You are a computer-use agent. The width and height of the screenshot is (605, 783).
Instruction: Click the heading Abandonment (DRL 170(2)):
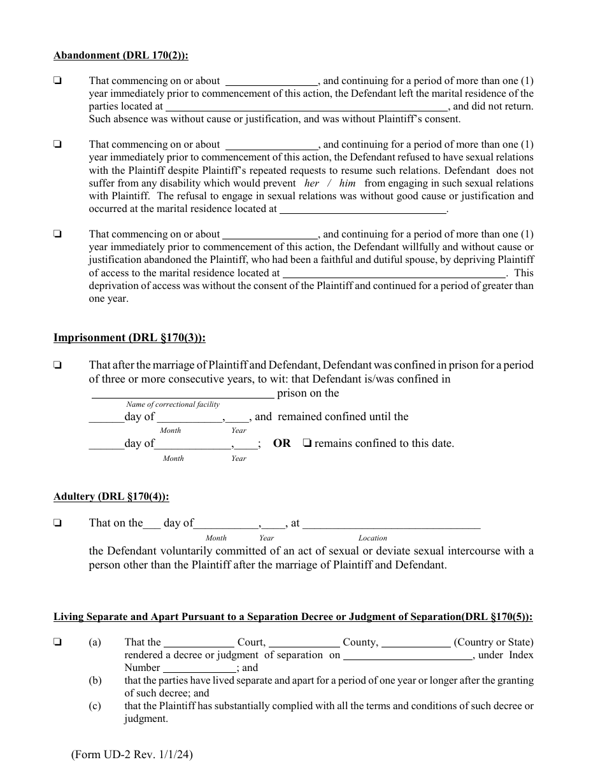tap(120, 55)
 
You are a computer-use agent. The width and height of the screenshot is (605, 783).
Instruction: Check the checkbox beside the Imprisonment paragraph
tap(57, 365)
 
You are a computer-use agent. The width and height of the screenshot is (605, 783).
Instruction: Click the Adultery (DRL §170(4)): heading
tap(111, 497)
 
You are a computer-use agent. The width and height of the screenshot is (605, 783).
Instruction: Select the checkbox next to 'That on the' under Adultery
tap(57, 523)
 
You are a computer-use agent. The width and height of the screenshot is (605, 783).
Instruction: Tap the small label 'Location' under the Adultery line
tap(373, 538)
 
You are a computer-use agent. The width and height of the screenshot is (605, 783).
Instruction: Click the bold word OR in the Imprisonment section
tap(281, 443)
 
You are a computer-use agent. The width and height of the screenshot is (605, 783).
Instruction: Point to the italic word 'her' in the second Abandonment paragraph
tap(312, 183)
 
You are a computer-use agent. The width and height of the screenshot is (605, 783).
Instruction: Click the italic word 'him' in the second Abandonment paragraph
tap(347, 183)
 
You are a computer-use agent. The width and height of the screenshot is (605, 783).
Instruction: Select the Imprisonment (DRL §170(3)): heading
tap(129, 338)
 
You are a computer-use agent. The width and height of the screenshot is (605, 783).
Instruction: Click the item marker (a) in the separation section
tap(95, 642)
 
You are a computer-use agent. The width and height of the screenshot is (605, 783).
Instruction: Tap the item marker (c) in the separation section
tap(95, 706)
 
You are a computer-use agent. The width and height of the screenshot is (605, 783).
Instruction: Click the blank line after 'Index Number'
tap(199, 668)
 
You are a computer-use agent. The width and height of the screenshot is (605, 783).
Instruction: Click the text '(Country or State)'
tap(494, 642)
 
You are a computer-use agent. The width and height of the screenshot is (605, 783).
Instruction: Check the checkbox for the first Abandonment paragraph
tap(57, 81)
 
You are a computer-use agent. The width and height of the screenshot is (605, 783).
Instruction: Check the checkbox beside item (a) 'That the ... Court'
tap(57, 642)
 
